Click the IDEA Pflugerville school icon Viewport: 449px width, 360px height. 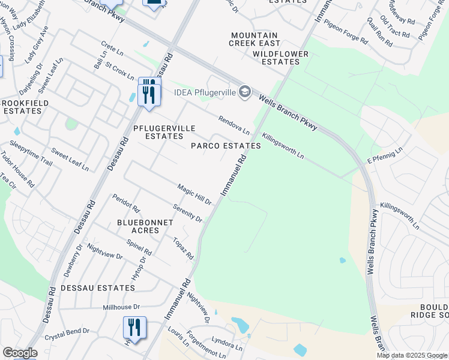tap(244, 92)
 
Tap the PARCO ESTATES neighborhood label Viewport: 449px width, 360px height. tap(226, 146)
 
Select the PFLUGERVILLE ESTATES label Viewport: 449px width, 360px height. tap(158, 132)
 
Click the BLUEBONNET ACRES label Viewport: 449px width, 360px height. tap(145, 226)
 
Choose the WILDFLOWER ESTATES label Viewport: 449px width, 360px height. tap(280, 58)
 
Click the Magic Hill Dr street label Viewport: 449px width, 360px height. tap(194, 194)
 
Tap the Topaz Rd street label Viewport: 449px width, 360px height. tap(183, 248)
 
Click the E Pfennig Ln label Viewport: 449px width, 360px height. tap(387, 155)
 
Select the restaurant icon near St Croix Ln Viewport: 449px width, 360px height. tap(149, 92)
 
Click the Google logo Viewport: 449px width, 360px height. tap(20, 353)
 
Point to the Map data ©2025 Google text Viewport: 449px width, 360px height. tap(411, 355)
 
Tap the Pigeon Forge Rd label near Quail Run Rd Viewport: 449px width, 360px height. tap(346, 32)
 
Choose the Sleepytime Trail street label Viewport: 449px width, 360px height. tap(31, 152)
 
